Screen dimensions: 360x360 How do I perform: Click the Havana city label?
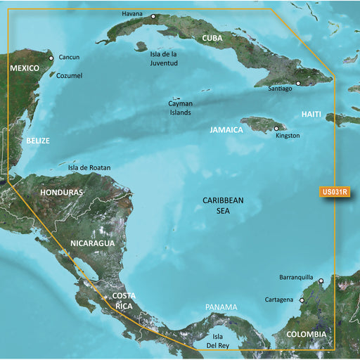click(x=131, y=13)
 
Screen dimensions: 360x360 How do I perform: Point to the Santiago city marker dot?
click(x=297, y=83)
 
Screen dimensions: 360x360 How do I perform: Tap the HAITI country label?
click(x=312, y=114)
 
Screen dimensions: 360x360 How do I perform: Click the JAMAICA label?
click(x=226, y=130)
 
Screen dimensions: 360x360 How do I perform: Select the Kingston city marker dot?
click(x=276, y=128)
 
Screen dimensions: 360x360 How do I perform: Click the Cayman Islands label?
click(x=180, y=108)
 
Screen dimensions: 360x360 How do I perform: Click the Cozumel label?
click(x=69, y=75)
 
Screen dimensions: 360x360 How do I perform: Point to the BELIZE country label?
click(x=38, y=141)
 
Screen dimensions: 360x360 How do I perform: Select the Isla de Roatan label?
click(x=89, y=168)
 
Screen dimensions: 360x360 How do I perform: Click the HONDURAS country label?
click(x=62, y=192)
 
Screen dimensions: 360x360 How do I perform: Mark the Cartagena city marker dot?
click(x=302, y=301)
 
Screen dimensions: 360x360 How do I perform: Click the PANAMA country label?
click(x=221, y=308)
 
